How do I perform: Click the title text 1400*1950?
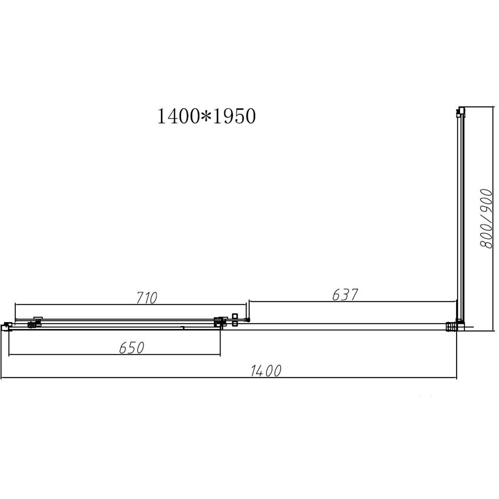pyautogui.click(x=205, y=117)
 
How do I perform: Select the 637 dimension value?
pyautogui.click(x=345, y=295)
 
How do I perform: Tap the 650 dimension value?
pyautogui.click(x=131, y=348)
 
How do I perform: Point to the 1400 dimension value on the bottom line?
pyautogui.click(x=266, y=371)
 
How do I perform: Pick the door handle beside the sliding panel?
pyautogui.click(x=235, y=320)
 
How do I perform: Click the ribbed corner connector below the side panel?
pyautogui.click(x=450, y=326)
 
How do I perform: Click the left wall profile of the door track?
pyautogui.click(x=7, y=326)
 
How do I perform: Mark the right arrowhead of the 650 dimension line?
pyautogui.click(x=220, y=355)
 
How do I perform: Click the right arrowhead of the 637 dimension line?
pyautogui.click(x=456, y=301)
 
